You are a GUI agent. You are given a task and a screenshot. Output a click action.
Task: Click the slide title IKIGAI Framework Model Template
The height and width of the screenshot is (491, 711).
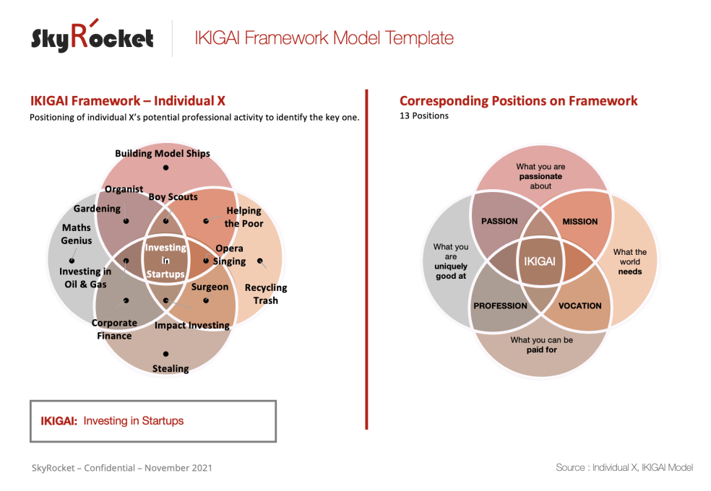[324, 38]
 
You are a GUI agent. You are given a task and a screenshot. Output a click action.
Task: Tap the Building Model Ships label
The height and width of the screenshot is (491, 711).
[163, 153]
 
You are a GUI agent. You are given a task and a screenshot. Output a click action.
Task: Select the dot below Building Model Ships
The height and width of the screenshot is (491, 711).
[165, 167]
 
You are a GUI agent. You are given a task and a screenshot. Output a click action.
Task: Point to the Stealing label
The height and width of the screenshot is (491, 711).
[171, 368]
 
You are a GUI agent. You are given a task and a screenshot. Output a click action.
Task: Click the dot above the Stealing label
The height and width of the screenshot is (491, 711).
[166, 354]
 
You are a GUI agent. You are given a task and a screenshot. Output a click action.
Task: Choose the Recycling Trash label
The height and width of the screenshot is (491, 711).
[265, 293]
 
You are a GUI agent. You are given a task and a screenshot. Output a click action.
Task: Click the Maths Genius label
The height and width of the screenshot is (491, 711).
[76, 234]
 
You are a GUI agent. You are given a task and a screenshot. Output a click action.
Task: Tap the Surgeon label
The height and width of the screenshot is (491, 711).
[210, 287]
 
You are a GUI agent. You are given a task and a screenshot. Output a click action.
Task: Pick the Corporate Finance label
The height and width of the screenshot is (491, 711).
[114, 329]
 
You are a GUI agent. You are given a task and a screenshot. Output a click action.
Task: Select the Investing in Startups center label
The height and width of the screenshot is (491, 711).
[165, 261]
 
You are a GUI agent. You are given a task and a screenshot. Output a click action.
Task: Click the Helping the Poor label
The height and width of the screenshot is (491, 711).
[244, 217]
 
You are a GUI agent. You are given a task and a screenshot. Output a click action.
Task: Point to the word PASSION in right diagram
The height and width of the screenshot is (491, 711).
[499, 221]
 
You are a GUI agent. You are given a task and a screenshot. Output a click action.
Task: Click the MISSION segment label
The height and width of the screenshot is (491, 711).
[580, 222]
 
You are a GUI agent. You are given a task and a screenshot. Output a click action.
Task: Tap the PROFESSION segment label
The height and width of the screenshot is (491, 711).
[500, 305]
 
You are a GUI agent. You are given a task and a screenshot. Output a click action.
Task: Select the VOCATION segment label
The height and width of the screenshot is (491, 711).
[579, 305]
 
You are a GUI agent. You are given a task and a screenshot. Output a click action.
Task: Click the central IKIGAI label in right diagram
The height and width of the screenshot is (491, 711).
[540, 261]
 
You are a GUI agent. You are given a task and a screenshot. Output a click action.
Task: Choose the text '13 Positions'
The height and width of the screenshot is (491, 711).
[424, 116]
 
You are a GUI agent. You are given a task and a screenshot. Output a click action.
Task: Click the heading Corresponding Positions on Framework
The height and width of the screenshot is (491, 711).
[518, 101]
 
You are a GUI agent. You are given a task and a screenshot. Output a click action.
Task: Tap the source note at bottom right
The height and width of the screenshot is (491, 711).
[624, 467]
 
